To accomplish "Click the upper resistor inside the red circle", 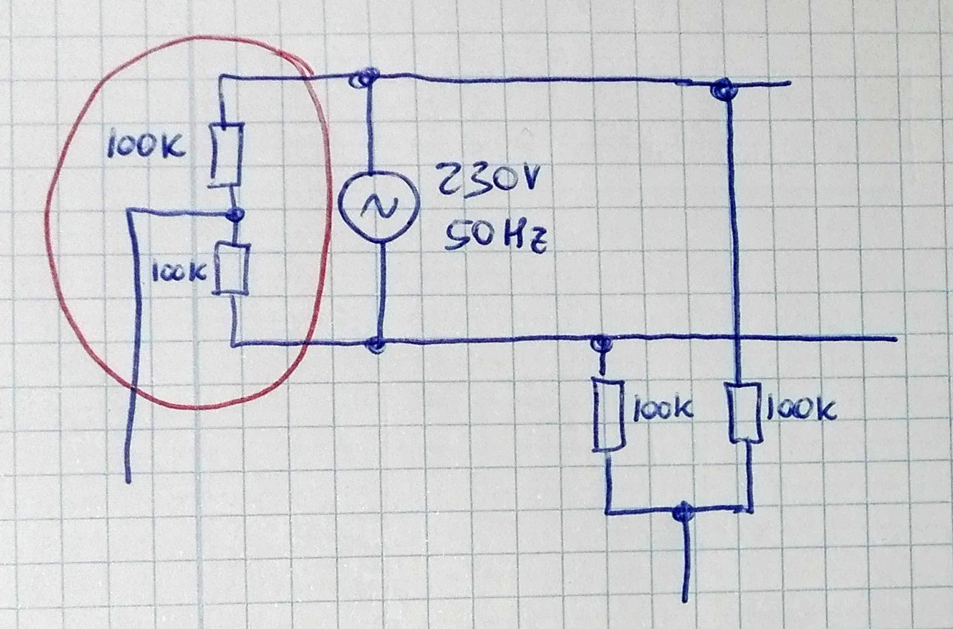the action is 226,154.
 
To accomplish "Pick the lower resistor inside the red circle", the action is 231,268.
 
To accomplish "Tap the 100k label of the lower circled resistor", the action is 179,272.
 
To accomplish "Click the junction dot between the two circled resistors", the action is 234,214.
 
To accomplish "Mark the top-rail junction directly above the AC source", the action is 363,78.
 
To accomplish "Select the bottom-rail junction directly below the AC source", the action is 376,344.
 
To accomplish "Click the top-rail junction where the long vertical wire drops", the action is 723,88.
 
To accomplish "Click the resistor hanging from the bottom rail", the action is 608,415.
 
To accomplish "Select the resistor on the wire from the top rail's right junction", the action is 743,413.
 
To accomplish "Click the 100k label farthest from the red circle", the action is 801,409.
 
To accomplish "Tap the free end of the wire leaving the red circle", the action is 127,482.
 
